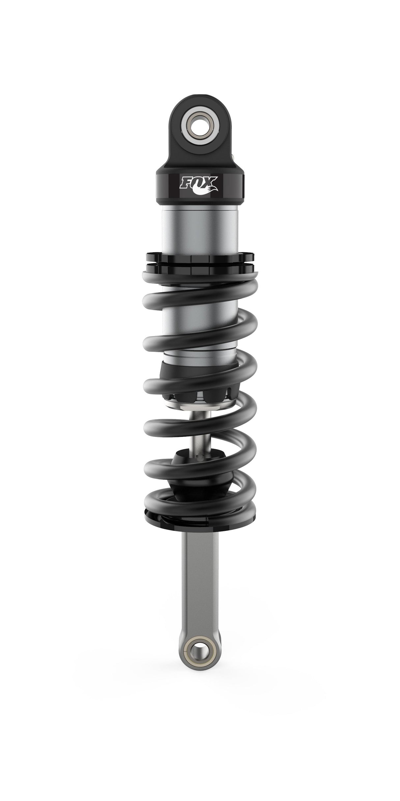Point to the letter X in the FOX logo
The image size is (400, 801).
pyautogui.click(x=211, y=182)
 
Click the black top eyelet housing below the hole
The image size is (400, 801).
pyautogui.click(x=200, y=155)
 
